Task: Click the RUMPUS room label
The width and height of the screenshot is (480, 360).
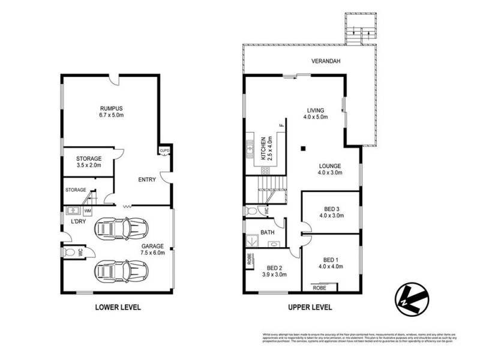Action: pos(112,108)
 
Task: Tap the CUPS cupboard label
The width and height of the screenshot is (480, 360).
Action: pos(163,151)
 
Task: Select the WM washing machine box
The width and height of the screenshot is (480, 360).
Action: pos(88,211)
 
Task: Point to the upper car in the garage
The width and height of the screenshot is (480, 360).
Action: pos(121,228)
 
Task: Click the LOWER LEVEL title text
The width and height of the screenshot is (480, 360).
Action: pos(118,307)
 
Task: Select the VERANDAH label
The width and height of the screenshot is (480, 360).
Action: pos(325,61)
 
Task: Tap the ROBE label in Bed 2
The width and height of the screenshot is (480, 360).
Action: pos(249,260)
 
